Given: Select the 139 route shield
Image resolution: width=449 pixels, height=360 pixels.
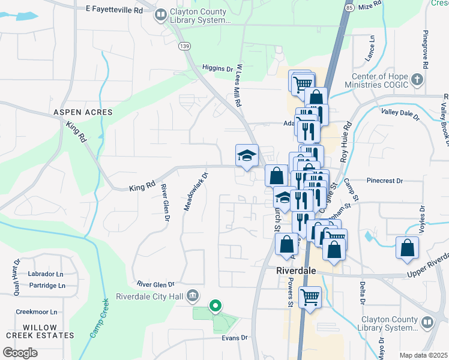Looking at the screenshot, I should pyautogui.click(x=184, y=46).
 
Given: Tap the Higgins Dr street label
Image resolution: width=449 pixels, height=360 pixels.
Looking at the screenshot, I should pyautogui.click(x=217, y=68).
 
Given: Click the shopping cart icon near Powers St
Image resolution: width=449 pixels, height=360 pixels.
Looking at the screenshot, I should pyautogui.click(x=310, y=296).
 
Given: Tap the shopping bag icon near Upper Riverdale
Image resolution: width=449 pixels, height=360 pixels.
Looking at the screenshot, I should pyautogui.click(x=408, y=248).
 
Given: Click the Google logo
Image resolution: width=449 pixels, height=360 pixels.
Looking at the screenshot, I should pyautogui.click(x=20, y=352).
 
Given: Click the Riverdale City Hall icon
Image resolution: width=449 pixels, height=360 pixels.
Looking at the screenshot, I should pyautogui.click(x=193, y=295).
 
